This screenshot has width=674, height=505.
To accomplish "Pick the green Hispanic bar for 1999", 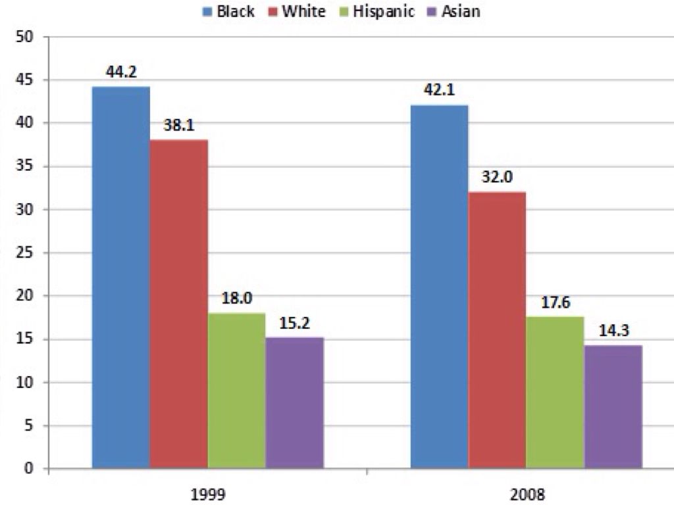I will [x=236, y=391].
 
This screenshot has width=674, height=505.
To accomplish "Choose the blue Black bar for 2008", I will [x=439, y=287].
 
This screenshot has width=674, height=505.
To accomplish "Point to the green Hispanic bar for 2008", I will [x=555, y=393].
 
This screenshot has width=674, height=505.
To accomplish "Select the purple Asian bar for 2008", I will [x=613, y=407].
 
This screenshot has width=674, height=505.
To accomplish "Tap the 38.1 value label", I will [x=178, y=126].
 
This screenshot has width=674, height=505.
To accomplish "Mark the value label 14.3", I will [x=613, y=331].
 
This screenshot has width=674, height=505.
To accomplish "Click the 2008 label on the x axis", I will [x=527, y=494].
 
